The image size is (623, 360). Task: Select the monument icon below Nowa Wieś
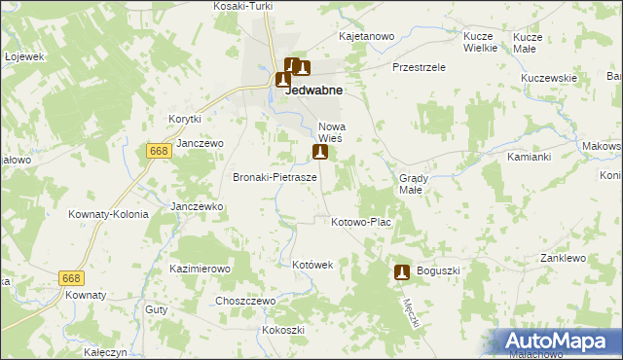pyautogui.click(x=319, y=153)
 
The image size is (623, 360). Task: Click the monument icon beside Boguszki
pyautogui.click(x=401, y=273)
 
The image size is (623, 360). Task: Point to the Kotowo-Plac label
pyautogui.click(x=360, y=223)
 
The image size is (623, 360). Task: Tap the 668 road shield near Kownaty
pyautogui.click(x=71, y=278)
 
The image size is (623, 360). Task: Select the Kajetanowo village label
pyautogui.click(x=366, y=36)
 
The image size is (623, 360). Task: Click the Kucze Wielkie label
pyautogui.click(x=480, y=41)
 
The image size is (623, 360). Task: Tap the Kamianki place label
pyautogui.click(x=530, y=156)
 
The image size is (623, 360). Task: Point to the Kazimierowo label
pyautogui.click(x=199, y=268)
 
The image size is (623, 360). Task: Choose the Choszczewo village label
pyautogui.click(x=246, y=302)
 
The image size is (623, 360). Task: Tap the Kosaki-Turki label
pyautogui.click(x=242, y=6)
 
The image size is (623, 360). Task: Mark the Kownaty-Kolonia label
pyautogui.click(x=108, y=214)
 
